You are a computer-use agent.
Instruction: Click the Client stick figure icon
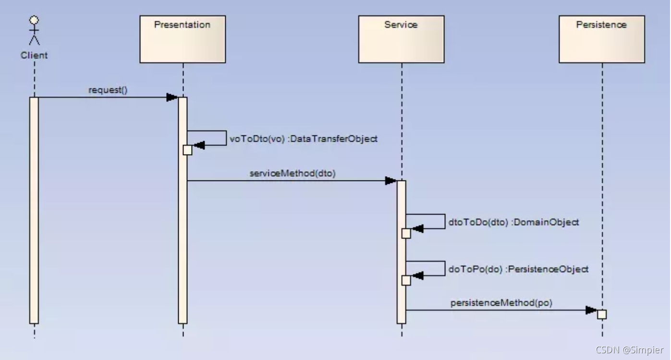(x=34, y=32)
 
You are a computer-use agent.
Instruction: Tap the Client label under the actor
(x=34, y=55)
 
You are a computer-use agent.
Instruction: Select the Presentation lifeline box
(x=183, y=39)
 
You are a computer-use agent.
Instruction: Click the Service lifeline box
(x=401, y=39)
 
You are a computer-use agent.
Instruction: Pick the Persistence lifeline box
(x=601, y=39)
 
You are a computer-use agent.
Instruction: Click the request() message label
(x=108, y=90)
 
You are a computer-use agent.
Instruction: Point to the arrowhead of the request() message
(x=172, y=97)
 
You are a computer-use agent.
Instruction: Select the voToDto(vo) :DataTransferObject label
(x=304, y=139)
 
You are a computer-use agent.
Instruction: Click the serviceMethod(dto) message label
(x=293, y=173)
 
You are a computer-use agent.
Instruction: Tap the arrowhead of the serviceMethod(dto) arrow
(x=391, y=181)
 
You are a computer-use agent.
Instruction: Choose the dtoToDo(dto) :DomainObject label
(x=513, y=222)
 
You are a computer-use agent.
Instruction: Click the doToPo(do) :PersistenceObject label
(x=518, y=269)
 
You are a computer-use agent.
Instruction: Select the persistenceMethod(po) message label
(x=501, y=303)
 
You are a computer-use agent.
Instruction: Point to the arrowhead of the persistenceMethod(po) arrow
(x=591, y=310)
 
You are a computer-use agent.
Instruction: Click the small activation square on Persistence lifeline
(x=602, y=314)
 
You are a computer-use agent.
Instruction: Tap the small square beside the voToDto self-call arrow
(x=187, y=150)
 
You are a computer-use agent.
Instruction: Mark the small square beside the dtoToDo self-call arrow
(x=406, y=233)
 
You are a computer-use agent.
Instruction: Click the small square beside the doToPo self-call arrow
(x=406, y=280)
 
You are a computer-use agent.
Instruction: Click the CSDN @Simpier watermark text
(x=630, y=350)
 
